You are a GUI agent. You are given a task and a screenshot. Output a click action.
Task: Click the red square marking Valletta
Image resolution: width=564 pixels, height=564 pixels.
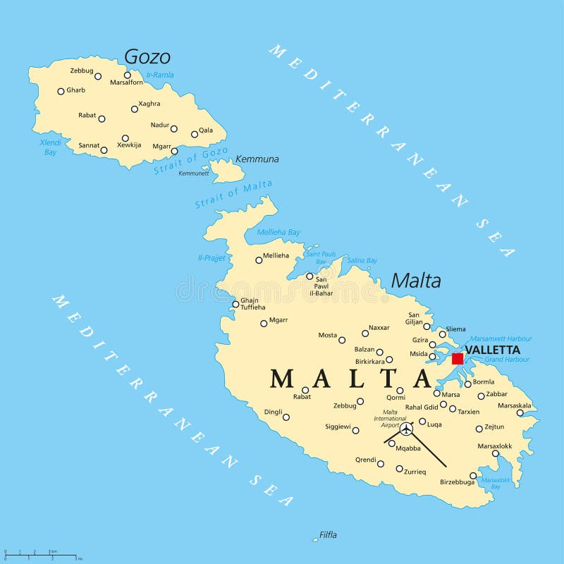[x=458, y=358]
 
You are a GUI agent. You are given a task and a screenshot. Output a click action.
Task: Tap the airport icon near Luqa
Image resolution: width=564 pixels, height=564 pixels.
[x=406, y=429]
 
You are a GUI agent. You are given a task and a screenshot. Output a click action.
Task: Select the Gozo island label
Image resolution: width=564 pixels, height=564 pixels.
[x=147, y=56]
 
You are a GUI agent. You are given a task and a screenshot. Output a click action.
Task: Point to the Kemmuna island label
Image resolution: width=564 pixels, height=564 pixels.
[x=257, y=159]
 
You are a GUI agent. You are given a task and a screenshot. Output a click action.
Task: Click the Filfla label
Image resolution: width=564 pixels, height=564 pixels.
[x=328, y=535]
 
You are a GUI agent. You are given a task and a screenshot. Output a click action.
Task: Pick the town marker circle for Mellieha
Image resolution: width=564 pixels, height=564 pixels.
[x=259, y=260]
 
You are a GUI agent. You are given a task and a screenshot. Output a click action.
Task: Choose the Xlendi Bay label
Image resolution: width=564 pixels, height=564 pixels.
[x=50, y=147]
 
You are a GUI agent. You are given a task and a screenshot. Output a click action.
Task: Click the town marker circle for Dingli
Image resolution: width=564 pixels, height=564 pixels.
[x=286, y=417]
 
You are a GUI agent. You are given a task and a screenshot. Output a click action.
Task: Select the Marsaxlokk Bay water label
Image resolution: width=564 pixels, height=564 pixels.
[x=496, y=483]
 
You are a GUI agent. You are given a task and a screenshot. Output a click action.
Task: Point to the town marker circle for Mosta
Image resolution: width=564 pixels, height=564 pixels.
[x=342, y=340]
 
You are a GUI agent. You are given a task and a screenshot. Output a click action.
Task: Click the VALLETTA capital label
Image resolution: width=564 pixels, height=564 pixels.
[x=493, y=350]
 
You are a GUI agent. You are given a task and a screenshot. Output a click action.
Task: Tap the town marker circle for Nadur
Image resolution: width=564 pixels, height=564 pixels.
[x=173, y=128]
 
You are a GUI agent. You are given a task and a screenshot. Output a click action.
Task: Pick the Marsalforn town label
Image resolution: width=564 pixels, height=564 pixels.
[x=126, y=82]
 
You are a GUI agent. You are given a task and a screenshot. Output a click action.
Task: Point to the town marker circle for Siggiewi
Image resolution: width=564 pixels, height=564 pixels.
[x=355, y=430]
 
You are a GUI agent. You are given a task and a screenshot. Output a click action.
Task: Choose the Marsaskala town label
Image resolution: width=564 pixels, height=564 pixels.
[x=515, y=405]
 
